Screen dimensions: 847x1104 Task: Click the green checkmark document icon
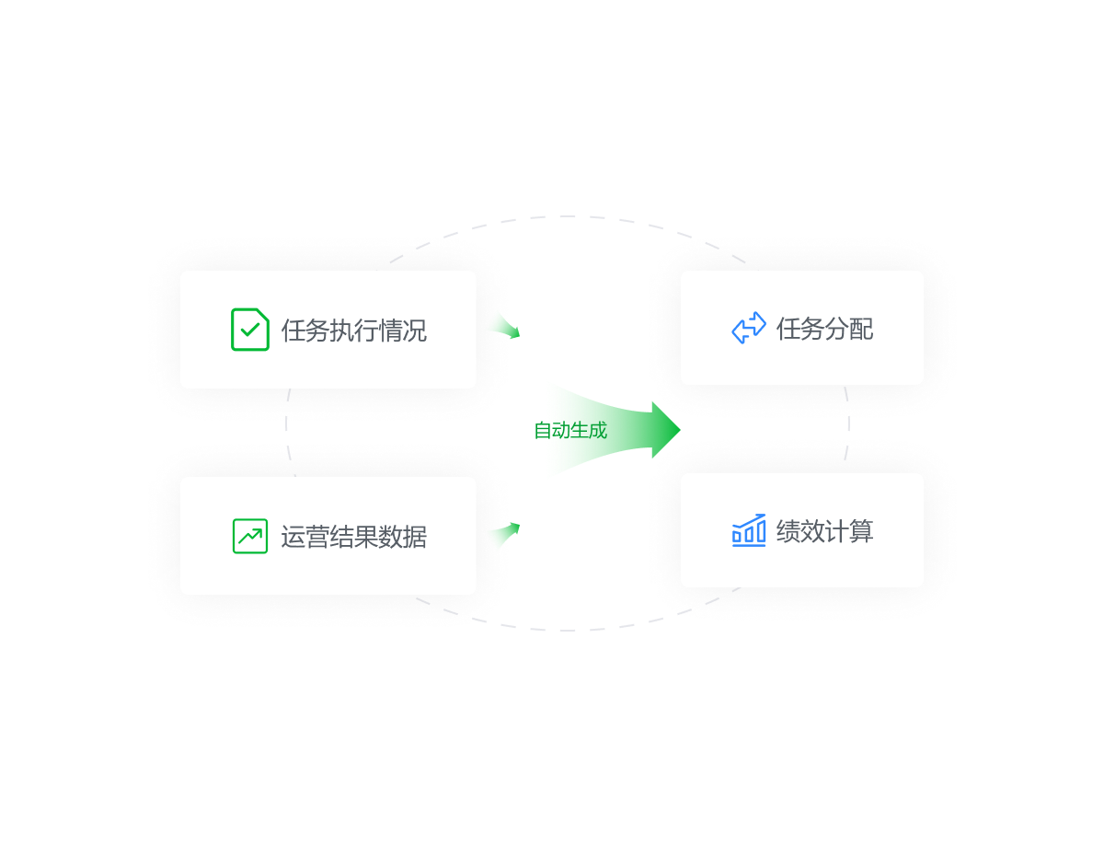pyautogui.click(x=249, y=330)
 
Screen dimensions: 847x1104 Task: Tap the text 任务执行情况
pyautogui.click(x=354, y=331)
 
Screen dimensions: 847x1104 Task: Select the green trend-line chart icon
pyautogui.click(x=249, y=536)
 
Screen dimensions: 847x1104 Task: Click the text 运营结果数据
pyautogui.click(x=354, y=537)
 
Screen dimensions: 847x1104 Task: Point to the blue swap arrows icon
pyautogui.click(x=749, y=328)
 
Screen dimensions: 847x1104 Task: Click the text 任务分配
pyautogui.click(x=825, y=329)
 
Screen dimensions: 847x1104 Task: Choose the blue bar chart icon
pyautogui.click(x=749, y=530)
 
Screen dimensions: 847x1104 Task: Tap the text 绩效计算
pyautogui.click(x=825, y=531)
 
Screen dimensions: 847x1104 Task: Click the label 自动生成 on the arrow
pyautogui.click(x=570, y=430)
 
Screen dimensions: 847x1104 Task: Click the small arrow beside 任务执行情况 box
pyautogui.click(x=502, y=324)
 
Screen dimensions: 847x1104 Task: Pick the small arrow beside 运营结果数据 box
pyautogui.click(x=502, y=535)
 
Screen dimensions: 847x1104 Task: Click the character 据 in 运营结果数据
pyautogui.click(x=415, y=537)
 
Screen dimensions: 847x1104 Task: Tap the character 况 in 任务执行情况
pyautogui.click(x=415, y=331)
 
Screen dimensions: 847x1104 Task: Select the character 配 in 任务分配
pyautogui.click(x=862, y=329)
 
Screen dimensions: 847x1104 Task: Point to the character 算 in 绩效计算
pyautogui.click(x=862, y=531)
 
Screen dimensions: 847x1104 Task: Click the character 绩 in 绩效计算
pyautogui.click(x=788, y=531)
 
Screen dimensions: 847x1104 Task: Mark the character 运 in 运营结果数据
pyautogui.click(x=293, y=537)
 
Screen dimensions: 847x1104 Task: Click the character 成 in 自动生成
pyautogui.click(x=598, y=430)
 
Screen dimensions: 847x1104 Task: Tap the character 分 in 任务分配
pyautogui.click(x=837, y=329)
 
